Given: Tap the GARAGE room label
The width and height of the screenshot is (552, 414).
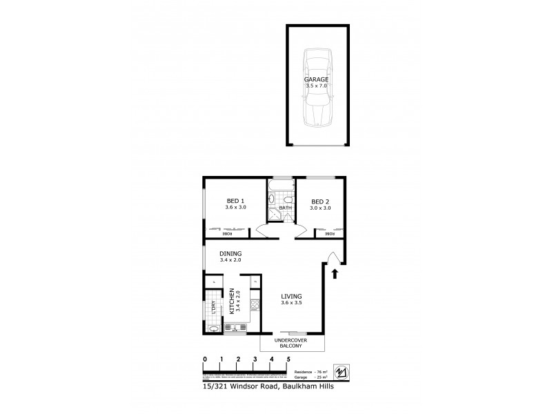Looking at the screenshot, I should [317, 80].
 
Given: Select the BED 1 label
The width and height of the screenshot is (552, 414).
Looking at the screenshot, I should [235, 201].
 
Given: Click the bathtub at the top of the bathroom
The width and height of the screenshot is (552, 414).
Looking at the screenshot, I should [280, 186].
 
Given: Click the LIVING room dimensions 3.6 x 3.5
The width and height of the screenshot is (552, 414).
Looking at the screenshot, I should [291, 303].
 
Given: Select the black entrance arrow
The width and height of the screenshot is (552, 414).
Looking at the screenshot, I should [335, 275].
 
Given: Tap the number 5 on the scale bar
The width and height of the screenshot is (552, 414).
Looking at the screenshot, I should [288, 359].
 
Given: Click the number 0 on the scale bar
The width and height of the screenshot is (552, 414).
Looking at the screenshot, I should [204, 359].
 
